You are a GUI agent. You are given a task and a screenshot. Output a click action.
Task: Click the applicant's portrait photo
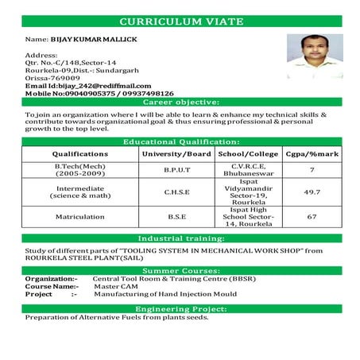pos(315,56)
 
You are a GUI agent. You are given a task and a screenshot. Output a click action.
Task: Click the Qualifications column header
pos(79,153)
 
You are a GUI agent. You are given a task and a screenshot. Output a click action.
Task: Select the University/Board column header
pos(176,153)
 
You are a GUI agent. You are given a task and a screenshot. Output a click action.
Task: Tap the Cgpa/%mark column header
pos(312,153)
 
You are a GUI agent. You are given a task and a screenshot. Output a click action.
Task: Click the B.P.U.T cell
pos(176,170)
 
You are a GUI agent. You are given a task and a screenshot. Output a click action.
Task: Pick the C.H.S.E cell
pos(176,192)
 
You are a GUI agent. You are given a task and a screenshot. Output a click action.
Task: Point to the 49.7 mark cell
pos(312,192)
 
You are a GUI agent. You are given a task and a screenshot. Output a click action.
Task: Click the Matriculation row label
pos(79,216)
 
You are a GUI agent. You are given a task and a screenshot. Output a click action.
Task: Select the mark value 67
pos(312,216)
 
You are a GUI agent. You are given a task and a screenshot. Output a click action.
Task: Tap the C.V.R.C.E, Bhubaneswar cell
pos(247,170)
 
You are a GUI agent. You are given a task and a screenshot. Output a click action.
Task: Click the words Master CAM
pos(114,286)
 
